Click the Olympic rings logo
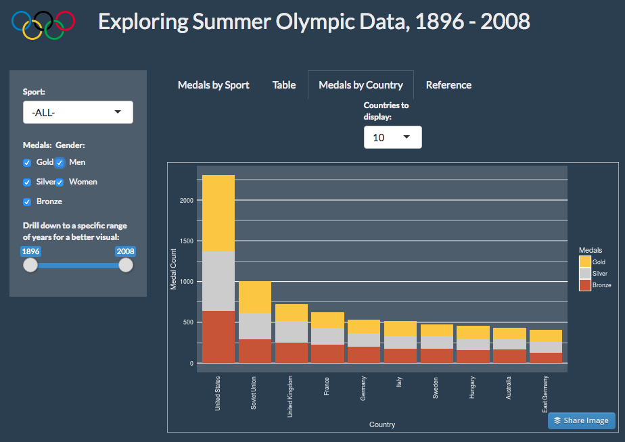[x=43, y=24]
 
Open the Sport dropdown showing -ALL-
[x=78, y=112]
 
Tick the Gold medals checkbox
[x=27, y=163]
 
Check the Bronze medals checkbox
[x=27, y=202]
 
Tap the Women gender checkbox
[x=60, y=182]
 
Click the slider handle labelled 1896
[x=30, y=266]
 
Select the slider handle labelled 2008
[x=126, y=266]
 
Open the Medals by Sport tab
[x=213, y=85]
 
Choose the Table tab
[x=284, y=85]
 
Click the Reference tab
[x=448, y=85]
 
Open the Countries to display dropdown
[x=392, y=137]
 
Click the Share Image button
[x=581, y=420]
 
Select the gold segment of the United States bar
[x=218, y=213]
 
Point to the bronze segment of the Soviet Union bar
[x=255, y=351]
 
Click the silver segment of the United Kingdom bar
[x=292, y=332]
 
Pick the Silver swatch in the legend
[x=584, y=273]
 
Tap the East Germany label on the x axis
[x=545, y=396]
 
